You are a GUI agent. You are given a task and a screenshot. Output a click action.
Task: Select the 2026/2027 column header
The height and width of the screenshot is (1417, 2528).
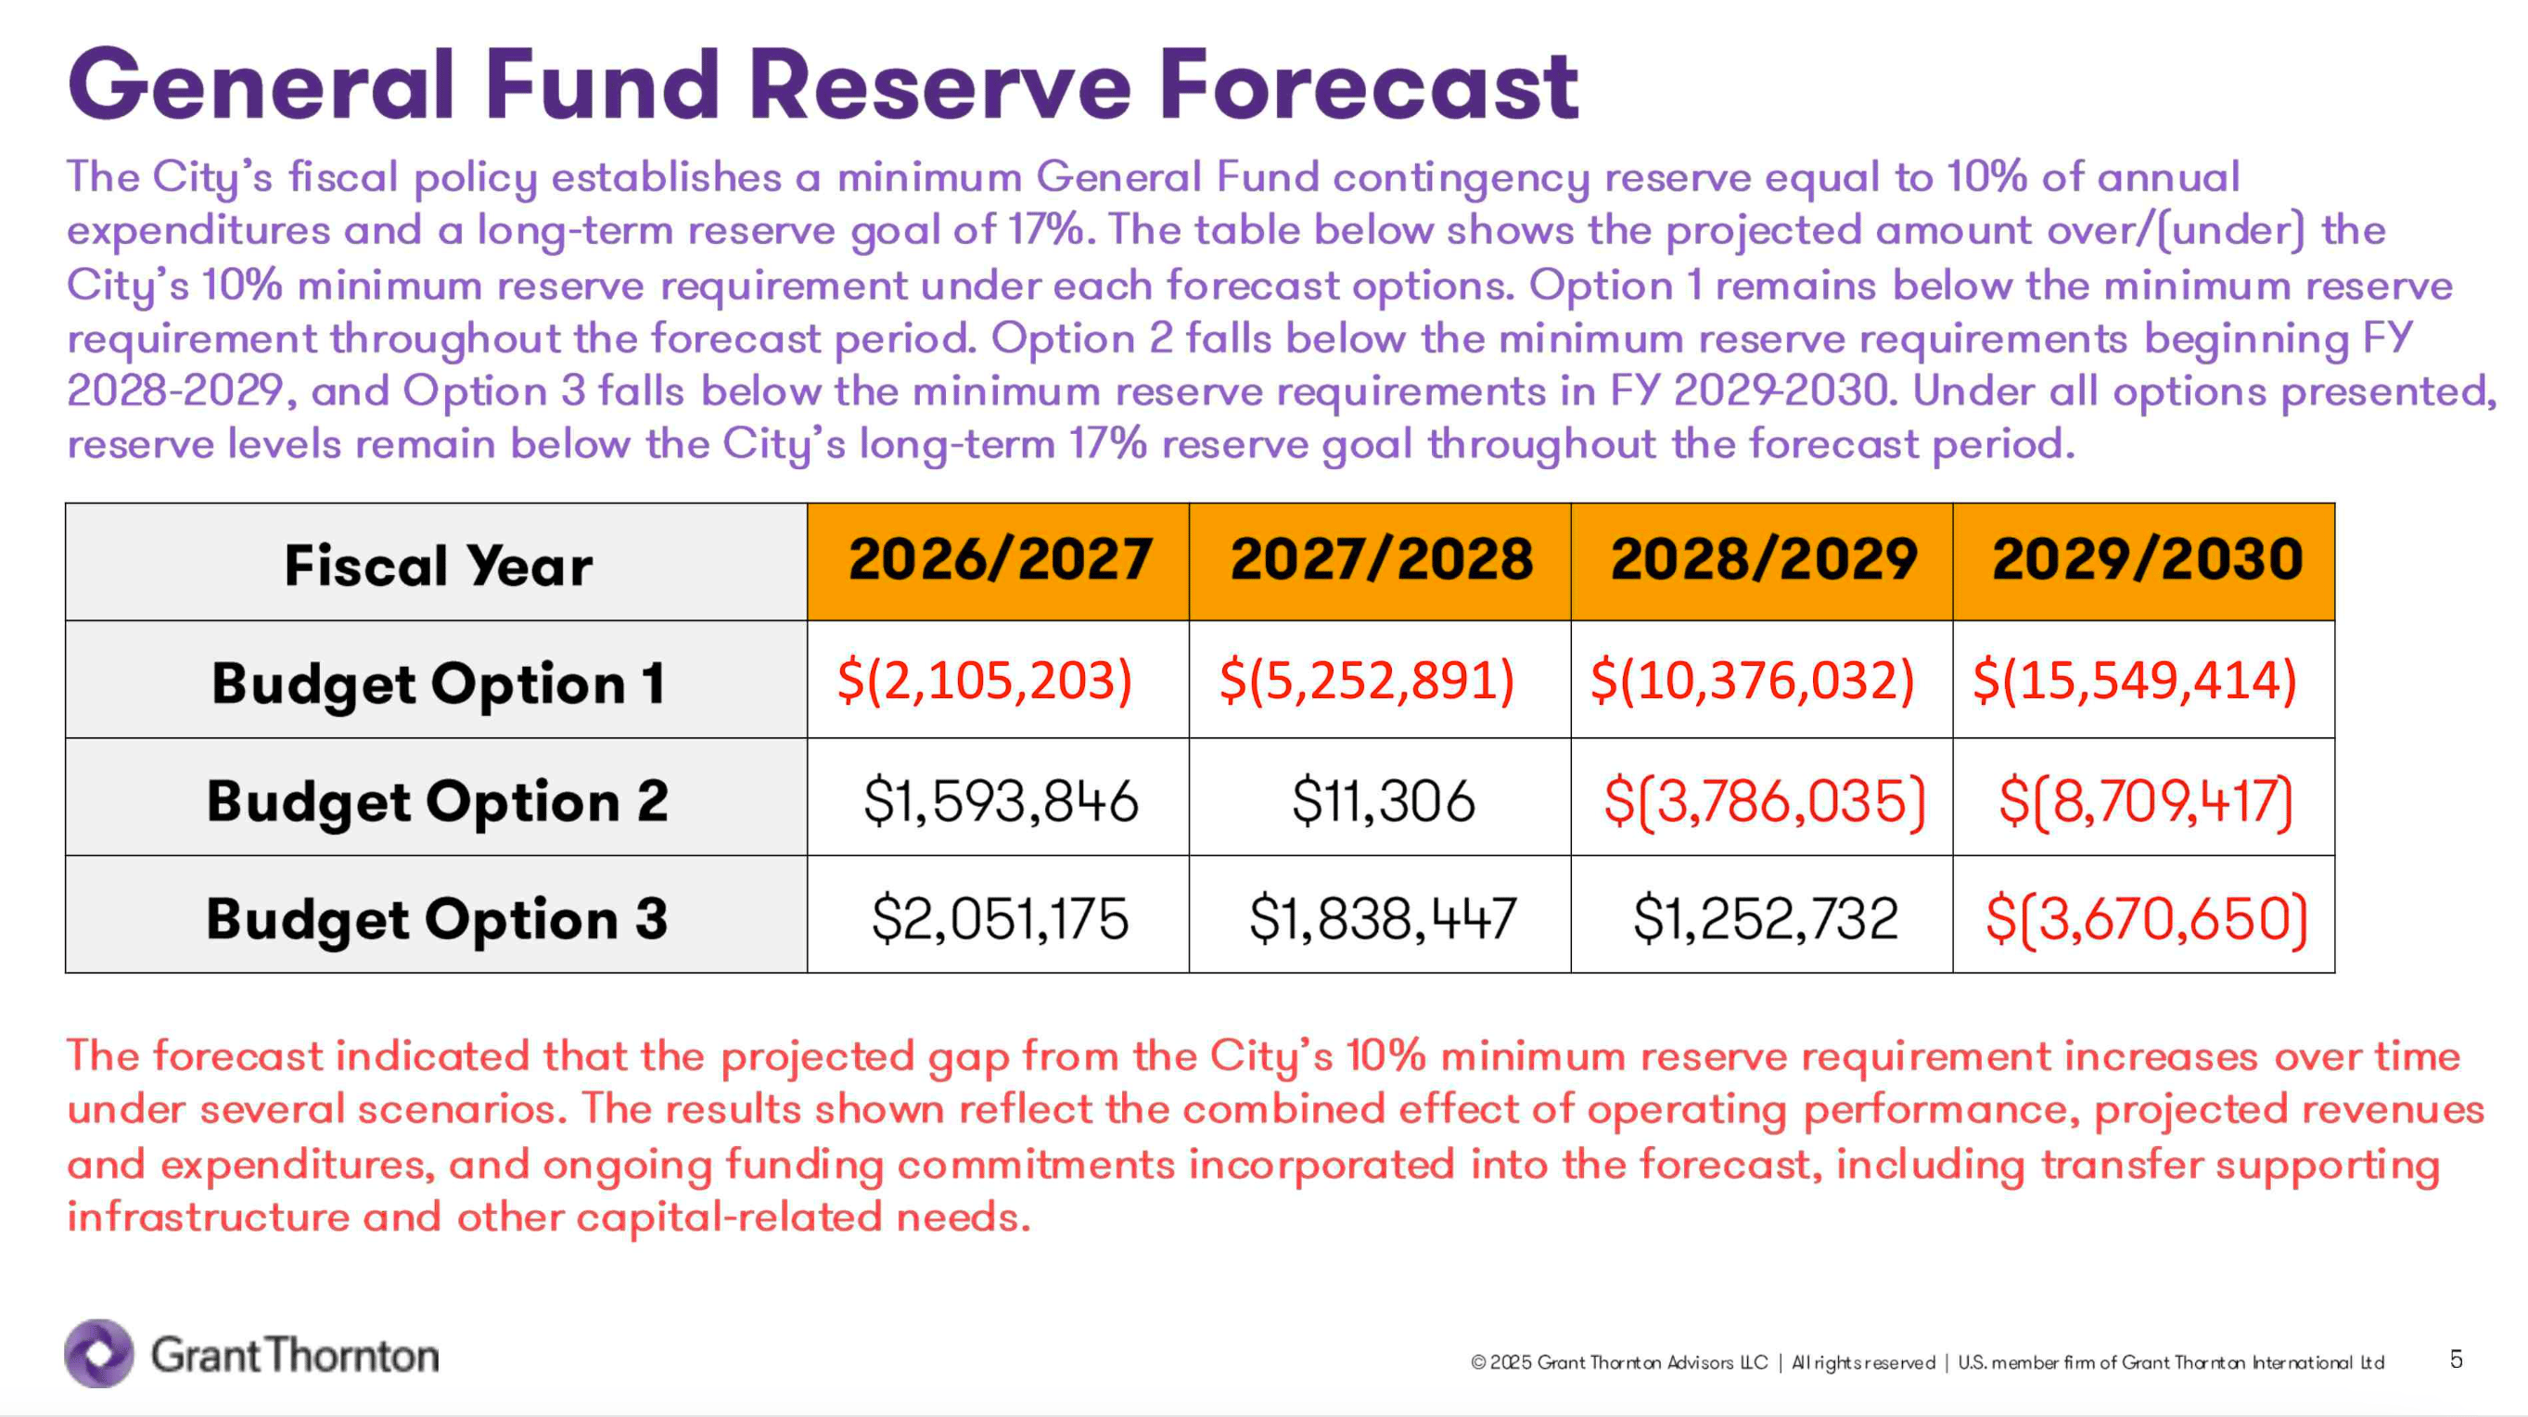tap(999, 560)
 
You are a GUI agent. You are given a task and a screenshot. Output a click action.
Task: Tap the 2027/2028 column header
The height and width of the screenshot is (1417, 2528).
tap(1381, 560)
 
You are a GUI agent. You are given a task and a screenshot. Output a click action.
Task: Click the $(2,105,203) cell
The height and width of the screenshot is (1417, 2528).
tap(984, 680)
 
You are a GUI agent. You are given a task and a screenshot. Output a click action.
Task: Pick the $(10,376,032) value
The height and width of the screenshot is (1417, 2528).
tap(1752, 680)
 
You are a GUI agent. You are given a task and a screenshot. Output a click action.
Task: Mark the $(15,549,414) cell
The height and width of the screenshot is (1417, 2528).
tap(2135, 680)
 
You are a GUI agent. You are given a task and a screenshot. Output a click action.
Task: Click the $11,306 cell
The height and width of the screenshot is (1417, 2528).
tap(1383, 800)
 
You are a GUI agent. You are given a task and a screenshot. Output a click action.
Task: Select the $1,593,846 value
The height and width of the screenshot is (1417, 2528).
tap(1000, 800)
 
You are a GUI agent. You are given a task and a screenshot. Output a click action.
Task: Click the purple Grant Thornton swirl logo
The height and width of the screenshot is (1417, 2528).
tap(99, 1353)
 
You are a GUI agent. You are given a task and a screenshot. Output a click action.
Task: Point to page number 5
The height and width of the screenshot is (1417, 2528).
tap(2456, 1360)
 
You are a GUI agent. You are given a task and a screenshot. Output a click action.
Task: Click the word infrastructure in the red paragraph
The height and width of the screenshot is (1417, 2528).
tap(208, 1217)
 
